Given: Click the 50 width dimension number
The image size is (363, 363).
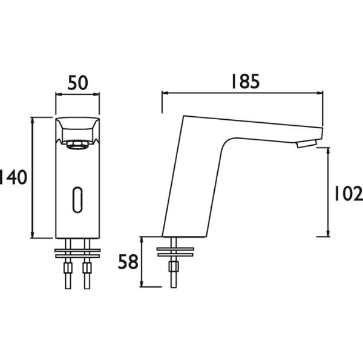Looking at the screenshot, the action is (78, 83).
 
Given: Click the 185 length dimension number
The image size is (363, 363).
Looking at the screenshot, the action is (246, 81).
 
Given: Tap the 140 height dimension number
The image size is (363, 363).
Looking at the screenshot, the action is (13, 177).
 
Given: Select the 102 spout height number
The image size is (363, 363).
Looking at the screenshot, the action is (348, 194).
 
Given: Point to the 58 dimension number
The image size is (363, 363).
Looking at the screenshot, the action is (128, 262).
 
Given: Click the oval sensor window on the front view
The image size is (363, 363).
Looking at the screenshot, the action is (77, 199).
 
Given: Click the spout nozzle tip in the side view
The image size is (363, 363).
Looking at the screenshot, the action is (306, 145).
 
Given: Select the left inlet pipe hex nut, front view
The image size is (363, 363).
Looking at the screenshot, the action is (68, 267).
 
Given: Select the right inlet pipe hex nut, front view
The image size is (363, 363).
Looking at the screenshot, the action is (87, 267).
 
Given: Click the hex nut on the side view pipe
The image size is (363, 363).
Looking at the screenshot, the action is (174, 266).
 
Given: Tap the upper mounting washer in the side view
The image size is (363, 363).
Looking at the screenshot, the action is (175, 249).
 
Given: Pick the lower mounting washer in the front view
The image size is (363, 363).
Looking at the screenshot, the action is (77, 256).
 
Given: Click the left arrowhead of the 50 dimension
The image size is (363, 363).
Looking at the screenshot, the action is (59, 94).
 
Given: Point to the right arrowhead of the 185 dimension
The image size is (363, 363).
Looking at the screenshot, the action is (319, 93).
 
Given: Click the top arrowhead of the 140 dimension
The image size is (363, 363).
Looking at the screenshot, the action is (33, 120).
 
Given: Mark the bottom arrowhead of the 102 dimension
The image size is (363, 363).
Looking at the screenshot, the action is (328, 233).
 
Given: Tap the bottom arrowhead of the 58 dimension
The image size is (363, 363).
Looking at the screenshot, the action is (142, 284).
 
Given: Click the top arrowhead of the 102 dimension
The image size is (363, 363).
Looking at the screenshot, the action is (328, 151).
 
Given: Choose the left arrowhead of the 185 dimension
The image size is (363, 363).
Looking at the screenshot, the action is (165, 93).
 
